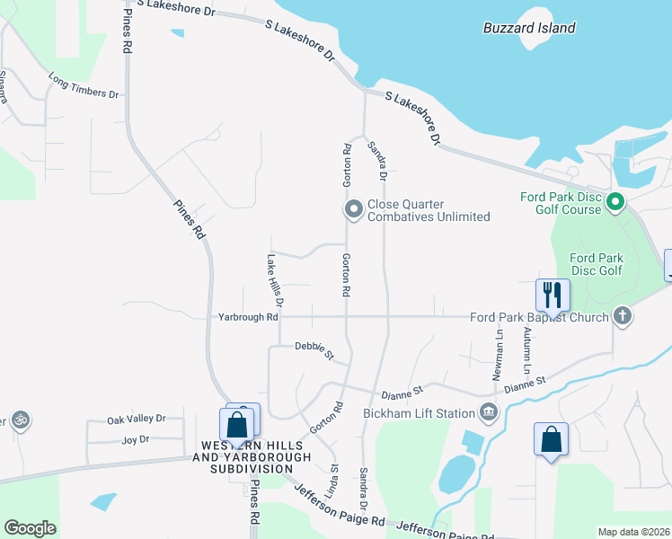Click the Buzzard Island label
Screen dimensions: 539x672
528,28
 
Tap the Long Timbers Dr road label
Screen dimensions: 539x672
84,86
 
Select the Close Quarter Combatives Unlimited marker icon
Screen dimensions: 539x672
353,210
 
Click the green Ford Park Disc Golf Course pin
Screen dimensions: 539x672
615,202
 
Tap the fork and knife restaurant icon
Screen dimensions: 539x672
553,294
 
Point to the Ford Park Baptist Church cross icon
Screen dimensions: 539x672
622,316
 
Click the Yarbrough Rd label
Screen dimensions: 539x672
248,317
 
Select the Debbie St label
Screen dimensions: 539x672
314,350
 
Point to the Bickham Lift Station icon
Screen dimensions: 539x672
488,413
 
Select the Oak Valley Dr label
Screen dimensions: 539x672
137,420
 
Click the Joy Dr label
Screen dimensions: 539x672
135,440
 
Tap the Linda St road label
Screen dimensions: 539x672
332,481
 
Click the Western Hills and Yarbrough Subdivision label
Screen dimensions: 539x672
251,457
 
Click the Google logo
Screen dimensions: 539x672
30,528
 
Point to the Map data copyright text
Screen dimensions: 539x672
633,532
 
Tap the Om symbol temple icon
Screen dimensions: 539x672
20,420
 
